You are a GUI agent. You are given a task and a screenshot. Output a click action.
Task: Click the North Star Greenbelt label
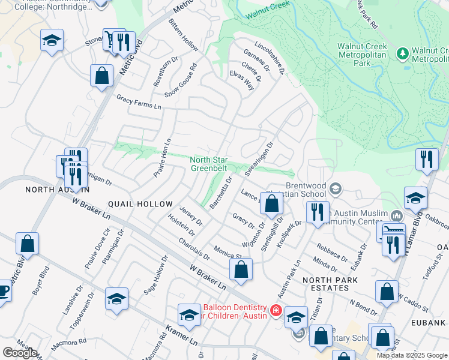coord(208,164)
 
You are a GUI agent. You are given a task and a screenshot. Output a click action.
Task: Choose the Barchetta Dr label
coord(220,192)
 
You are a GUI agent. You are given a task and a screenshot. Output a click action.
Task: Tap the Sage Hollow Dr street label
coord(154,275)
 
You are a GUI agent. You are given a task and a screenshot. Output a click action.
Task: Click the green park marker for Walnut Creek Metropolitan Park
coord(402,55)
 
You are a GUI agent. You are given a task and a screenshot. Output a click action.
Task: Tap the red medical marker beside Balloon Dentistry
coord(276,310)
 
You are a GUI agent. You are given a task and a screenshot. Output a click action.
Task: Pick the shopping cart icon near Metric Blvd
coord(110,39)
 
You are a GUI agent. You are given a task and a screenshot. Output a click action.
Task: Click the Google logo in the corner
coord(20,353)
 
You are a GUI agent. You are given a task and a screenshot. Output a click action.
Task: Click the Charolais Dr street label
coord(193,248)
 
